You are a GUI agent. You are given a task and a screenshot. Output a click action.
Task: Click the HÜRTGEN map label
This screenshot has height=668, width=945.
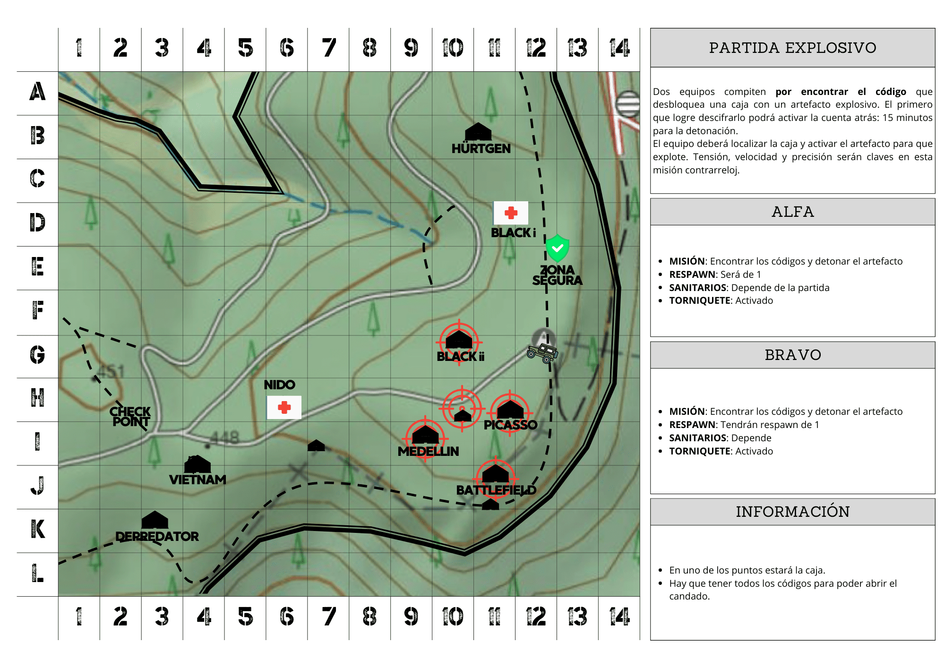[x=481, y=149]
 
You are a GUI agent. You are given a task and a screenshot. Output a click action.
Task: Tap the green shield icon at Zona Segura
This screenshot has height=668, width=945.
[x=557, y=248]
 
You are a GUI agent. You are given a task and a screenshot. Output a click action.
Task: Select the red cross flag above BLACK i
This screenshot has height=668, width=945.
[x=511, y=213]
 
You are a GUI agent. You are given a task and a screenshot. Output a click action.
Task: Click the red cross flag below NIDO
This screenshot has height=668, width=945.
[x=284, y=407]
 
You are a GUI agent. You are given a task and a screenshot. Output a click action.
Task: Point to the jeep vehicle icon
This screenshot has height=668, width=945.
[x=543, y=353]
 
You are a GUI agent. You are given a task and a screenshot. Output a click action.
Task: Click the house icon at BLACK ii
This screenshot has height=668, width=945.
[x=459, y=340]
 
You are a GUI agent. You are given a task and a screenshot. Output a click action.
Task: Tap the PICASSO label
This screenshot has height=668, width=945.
[x=510, y=425]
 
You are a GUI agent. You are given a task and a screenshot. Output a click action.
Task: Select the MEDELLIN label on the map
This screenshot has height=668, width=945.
[x=428, y=452]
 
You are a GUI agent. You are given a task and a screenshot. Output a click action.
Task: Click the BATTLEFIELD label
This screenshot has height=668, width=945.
[x=496, y=490]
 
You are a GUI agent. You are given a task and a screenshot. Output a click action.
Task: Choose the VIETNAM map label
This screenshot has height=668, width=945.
[x=198, y=480]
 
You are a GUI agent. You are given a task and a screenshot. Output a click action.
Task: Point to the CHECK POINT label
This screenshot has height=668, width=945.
[x=130, y=417]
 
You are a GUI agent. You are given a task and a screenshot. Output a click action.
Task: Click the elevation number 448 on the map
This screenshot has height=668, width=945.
[x=224, y=438]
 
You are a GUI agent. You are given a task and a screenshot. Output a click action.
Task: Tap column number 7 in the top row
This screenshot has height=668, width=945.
[x=328, y=48]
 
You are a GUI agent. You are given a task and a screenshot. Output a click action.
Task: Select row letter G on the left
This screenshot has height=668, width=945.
[x=37, y=355]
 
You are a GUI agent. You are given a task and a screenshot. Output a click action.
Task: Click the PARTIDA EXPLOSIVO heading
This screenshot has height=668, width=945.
[x=792, y=48]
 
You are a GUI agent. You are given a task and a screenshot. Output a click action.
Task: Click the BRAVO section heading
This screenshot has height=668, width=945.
[x=792, y=355]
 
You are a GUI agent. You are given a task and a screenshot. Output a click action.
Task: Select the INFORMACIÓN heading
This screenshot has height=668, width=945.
[x=792, y=512]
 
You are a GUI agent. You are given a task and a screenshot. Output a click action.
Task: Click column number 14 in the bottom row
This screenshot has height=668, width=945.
[x=619, y=617]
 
